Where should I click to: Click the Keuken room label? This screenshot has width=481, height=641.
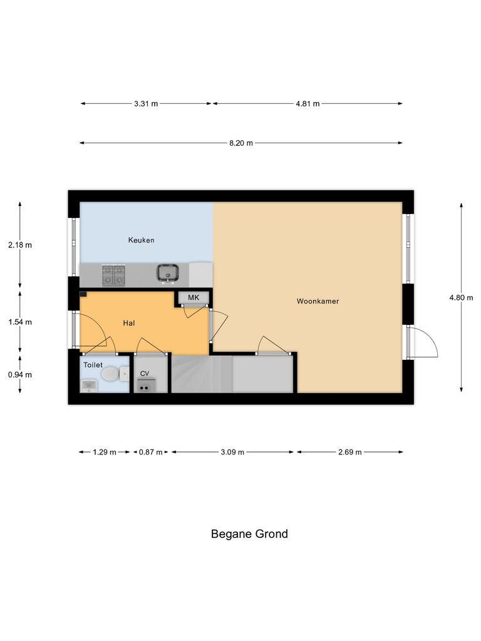141,240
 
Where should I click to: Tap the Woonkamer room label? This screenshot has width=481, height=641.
318,301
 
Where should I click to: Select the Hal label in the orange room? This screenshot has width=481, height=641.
129,323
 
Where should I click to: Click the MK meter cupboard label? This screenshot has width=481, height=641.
194,297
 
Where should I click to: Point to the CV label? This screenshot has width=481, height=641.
145,374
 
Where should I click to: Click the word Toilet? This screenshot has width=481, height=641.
93,364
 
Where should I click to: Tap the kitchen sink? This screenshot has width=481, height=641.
168,274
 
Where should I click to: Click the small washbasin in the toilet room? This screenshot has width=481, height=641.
88,385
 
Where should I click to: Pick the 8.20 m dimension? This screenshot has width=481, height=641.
241,143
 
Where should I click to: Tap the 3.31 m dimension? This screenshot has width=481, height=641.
145,104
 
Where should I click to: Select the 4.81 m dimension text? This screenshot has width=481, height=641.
308,104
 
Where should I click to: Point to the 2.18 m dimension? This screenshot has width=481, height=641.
19,245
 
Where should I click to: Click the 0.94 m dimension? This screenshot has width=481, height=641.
19,374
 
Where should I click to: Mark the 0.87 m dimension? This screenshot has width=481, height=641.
150,452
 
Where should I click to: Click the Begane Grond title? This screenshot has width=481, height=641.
249,534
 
